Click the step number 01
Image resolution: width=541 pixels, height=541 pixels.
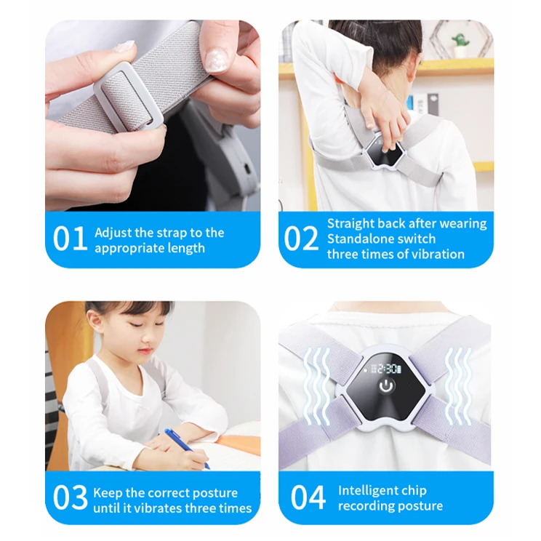(x=70, y=239)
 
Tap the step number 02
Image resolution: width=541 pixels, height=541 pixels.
(x=301, y=239)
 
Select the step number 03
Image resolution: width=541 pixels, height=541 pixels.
(x=71, y=497)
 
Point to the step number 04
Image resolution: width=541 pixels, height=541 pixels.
(x=308, y=497)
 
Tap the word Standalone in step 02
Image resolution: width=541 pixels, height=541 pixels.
(x=358, y=239)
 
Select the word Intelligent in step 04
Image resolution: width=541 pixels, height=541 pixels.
(x=368, y=491)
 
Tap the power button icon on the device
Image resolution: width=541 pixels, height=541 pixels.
(x=386, y=386)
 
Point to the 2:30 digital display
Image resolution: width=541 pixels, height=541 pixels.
(x=385, y=369)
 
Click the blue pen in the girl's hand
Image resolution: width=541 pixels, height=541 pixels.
(x=187, y=448)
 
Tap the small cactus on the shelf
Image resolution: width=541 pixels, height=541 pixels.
(x=461, y=44)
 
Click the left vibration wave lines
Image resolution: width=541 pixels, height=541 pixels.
(x=317, y=386)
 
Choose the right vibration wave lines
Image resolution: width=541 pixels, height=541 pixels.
(x=458, y=386)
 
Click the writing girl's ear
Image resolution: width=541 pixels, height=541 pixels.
(x=92, y=319)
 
